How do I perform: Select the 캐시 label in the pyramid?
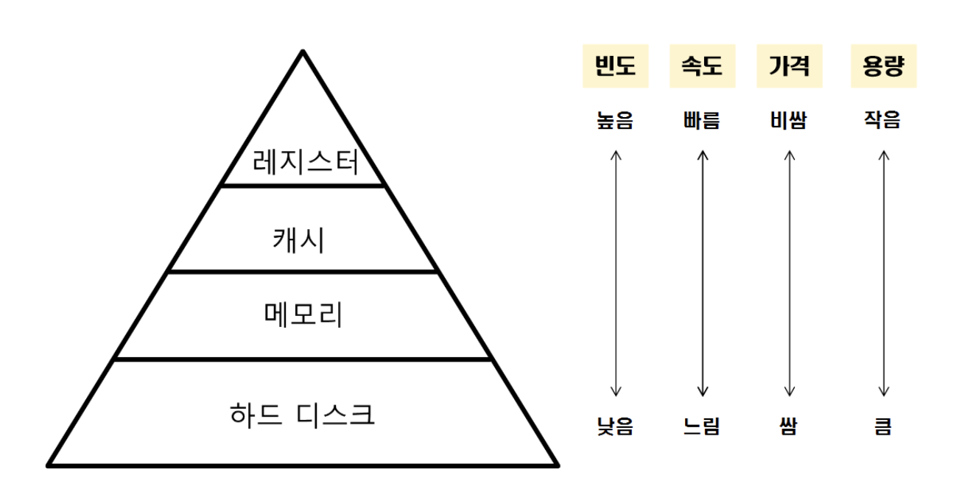pos(298,239)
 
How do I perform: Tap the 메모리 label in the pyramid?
pos(303,314)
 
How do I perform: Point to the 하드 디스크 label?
pos(302,415)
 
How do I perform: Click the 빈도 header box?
pos(615,67)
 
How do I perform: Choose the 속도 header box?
pos(702,67)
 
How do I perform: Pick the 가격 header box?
pos(789,67)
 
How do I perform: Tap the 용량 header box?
pos(883,67)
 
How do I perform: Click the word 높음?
pos(615,120)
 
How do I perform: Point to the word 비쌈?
pos(788,120)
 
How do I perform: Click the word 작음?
pos(882,120)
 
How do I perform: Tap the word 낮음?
pos(615,426)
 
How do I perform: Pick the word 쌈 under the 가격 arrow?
pos(788,426)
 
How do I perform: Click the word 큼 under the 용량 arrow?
pos(882,426)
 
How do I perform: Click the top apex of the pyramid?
pos(302,52)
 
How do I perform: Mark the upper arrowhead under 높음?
pos(616,154)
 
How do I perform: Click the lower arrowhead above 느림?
pos(703,393)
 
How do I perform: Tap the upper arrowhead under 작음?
pos(884,154)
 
